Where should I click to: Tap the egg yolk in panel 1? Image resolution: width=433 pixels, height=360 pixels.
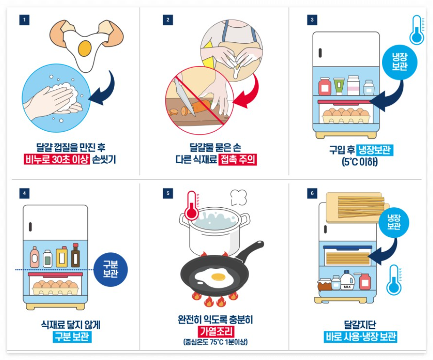pyautogui.click(x=85, y=47)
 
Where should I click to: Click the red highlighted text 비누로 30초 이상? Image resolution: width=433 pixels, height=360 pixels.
pyautogui.click(x=56, y=159)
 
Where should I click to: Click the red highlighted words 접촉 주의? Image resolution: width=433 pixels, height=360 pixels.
pyautogui.click(x=237, y=159)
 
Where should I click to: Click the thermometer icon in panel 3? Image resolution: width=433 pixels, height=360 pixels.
pyautogui.click(x=416, y=29)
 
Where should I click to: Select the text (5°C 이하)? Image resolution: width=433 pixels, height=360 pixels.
pyautogui.click(x=360, y=162)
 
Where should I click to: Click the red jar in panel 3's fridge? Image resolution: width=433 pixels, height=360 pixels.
pyautogui.click(x=324, y=87)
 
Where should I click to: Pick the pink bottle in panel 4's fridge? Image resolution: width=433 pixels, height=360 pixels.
pyautogui.click(x=35, y=257)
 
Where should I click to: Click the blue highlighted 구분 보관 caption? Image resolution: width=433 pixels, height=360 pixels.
pyautogui.click(x=71, y=337)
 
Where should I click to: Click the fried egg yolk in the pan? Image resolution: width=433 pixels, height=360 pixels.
pyautogui.click(x=218, y=276)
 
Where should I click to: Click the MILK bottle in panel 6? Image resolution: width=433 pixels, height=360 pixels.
pyautogui.click(x=347, y=280)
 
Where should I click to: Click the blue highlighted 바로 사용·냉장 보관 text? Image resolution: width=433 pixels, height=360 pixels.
pyautogui.click(x=361, y=337)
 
